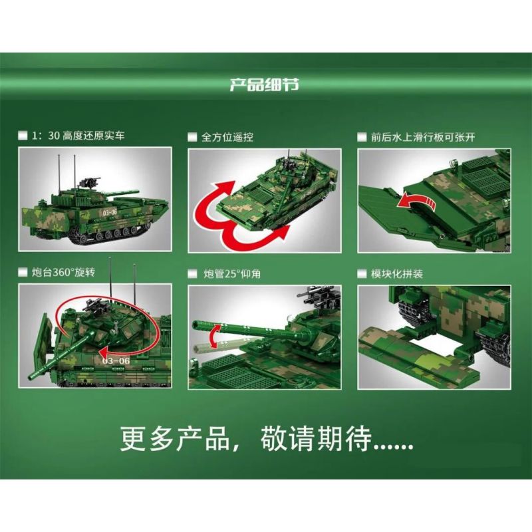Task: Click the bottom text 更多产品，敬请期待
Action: click(x=266, y=439)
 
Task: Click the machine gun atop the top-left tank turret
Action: click(x=88, y=180)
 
